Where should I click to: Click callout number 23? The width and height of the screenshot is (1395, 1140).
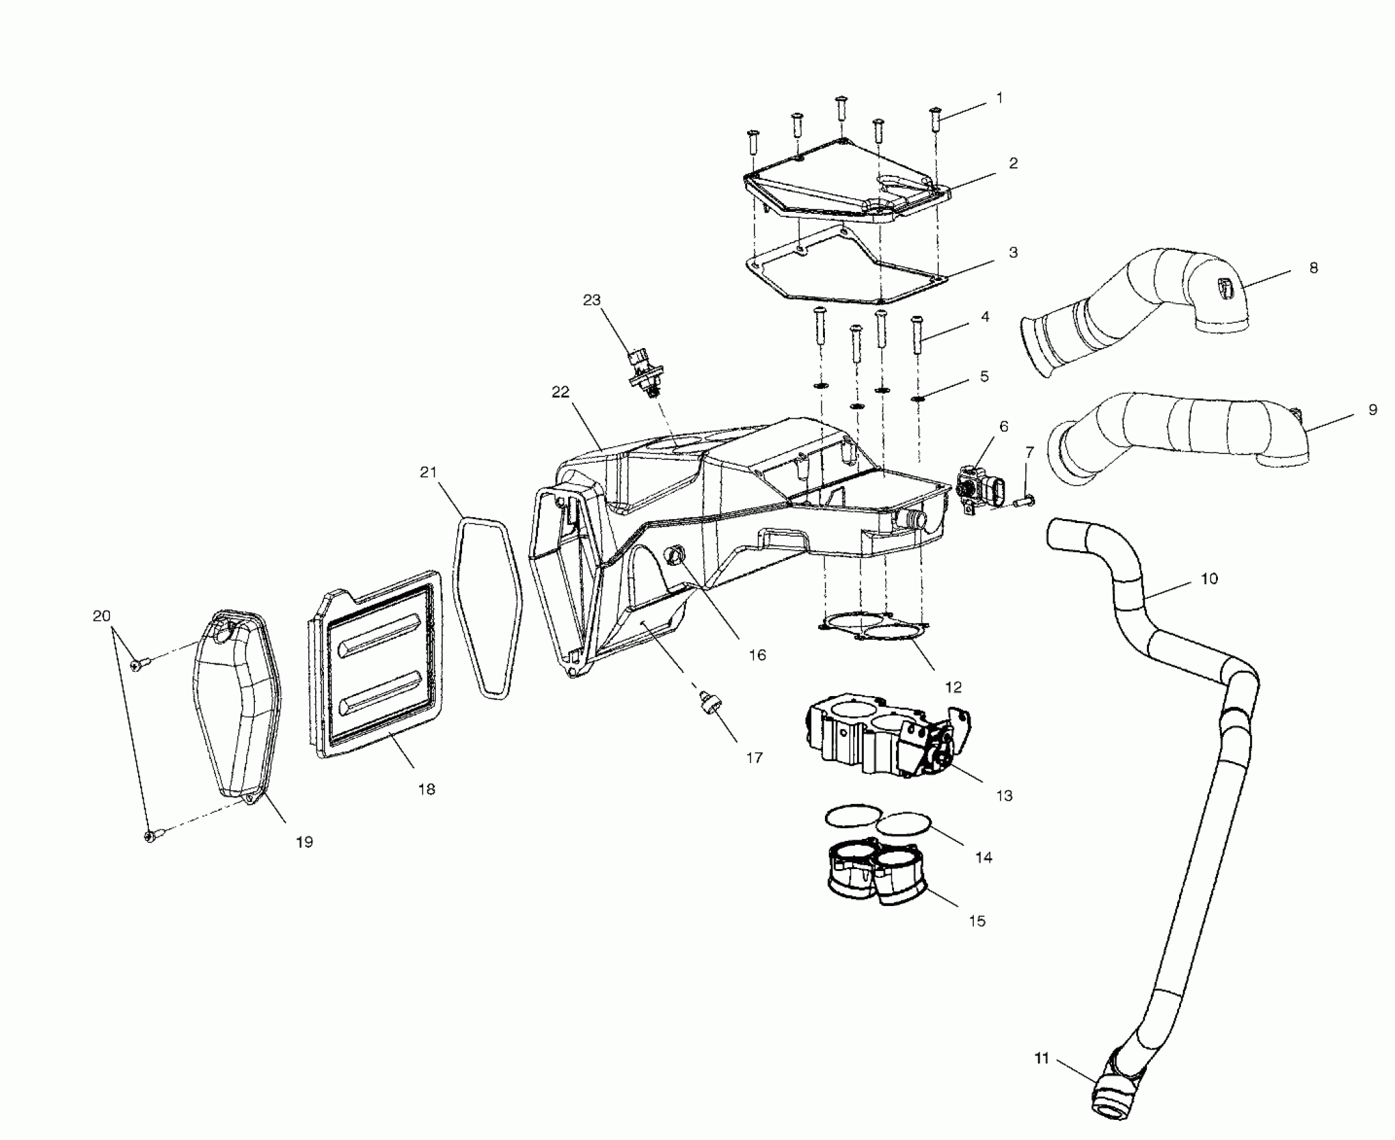[x=592, y=300]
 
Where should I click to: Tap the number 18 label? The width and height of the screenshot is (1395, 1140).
[x=427, y=789]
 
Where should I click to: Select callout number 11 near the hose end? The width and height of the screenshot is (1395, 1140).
[x=1041, y=1059]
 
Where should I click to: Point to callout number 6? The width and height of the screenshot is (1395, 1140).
[x=1003, y=426]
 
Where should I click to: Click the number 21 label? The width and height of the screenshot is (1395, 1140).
[x=428, y=472]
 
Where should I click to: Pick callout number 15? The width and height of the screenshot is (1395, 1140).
[x=977, y=921]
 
